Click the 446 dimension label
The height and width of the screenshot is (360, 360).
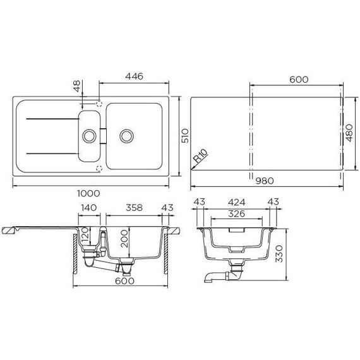pos(134,76)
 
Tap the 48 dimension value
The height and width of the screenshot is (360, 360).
pos(77,86)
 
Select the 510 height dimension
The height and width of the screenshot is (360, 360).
pos(185,136)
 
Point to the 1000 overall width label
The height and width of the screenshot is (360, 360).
pos(88,193)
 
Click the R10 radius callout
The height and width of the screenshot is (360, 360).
pos(200,155)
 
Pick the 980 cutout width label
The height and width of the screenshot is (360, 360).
pos(265,181)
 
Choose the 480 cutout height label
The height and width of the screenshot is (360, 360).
pos(349,133)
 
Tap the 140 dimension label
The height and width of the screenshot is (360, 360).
pos(89,208)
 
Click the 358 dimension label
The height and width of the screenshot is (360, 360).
pos(134,208)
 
